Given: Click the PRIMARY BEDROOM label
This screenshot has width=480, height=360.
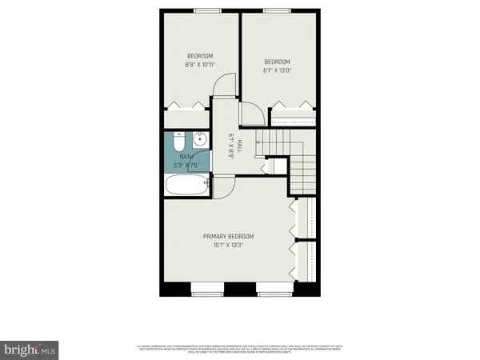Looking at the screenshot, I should point(228,236).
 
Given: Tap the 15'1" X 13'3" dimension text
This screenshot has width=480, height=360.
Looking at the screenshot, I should point(228,246).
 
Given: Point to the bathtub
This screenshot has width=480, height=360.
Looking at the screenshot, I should point(186,186).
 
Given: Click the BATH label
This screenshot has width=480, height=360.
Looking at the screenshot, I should point(186,157).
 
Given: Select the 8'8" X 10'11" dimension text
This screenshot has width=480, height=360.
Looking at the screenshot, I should point(200,64).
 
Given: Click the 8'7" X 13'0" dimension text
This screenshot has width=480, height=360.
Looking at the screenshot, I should point(278,70).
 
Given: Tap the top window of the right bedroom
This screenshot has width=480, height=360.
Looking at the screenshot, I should point(277,10).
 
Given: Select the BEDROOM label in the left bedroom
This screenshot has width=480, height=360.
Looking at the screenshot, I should point(200,55).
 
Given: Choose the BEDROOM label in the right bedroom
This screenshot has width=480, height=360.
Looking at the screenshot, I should point(278,62).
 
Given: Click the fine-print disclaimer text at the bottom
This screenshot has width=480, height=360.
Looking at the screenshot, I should point(240,348).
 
